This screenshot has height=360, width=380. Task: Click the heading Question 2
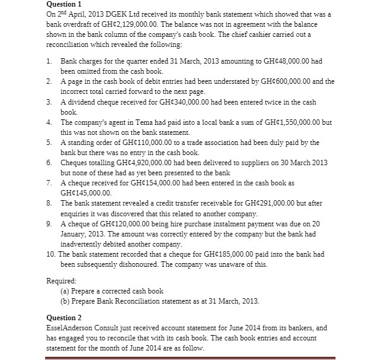64,318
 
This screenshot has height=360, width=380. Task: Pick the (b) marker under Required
65,301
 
